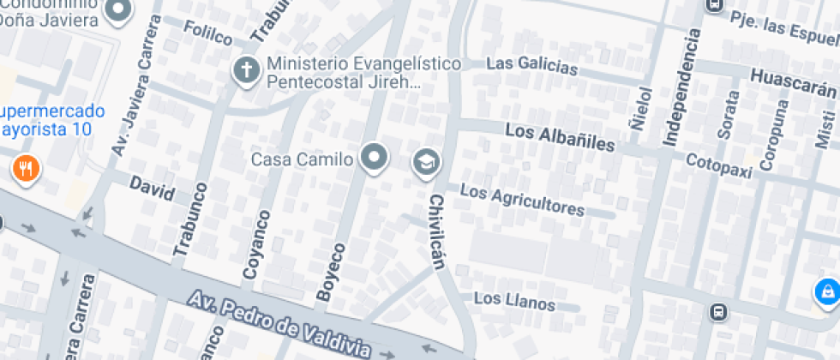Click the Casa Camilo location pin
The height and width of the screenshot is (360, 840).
(374, 158)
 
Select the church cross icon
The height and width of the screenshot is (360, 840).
(246, 70)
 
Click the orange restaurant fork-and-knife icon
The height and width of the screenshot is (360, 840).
(27, 168)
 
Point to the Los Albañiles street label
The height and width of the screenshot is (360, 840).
(559, 137)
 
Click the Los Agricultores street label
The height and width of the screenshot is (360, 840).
(522, 200)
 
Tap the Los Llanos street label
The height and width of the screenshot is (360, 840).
(513, 301)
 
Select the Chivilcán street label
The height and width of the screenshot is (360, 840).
(437, 231)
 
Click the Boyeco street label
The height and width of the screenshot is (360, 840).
(332, 272)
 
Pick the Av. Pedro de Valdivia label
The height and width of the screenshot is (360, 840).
(279, 323)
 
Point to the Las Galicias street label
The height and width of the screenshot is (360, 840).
(528, 64)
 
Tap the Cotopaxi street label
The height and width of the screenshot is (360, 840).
(718, 165)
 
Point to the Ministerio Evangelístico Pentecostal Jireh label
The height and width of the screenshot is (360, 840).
(363, 73)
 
